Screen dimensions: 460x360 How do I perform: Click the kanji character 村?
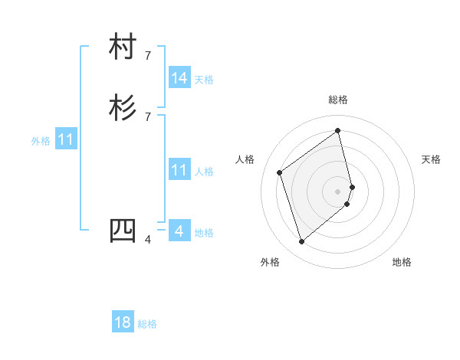click(123, 47)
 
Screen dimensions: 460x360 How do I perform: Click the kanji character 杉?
click(123, 108)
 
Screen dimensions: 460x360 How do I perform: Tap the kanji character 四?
click(123, 231)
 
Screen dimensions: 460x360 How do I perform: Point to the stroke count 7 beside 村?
click(148, 55)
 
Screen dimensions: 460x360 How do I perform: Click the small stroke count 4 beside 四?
click(148, 240)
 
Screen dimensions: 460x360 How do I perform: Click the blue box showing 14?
click(179, 77)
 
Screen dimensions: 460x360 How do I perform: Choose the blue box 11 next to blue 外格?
click(66, 140)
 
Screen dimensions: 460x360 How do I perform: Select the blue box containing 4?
click(179, 231)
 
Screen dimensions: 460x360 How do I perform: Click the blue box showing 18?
click(123, 322)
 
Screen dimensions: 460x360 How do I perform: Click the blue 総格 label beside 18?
click(147, 324)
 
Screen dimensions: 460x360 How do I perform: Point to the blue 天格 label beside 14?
click(204, 79)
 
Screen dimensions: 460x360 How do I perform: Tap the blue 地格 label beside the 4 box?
click(204, 233)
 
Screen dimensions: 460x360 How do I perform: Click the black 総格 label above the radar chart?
click(338, 100)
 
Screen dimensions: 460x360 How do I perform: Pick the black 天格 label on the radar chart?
click(431, 159)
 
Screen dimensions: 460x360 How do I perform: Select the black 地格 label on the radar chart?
click(402, 262)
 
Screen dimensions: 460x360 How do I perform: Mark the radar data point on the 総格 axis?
click(338, 130)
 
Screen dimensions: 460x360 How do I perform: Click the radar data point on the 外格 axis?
click(301, 242)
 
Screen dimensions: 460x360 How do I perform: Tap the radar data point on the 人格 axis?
click(280, 172)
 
